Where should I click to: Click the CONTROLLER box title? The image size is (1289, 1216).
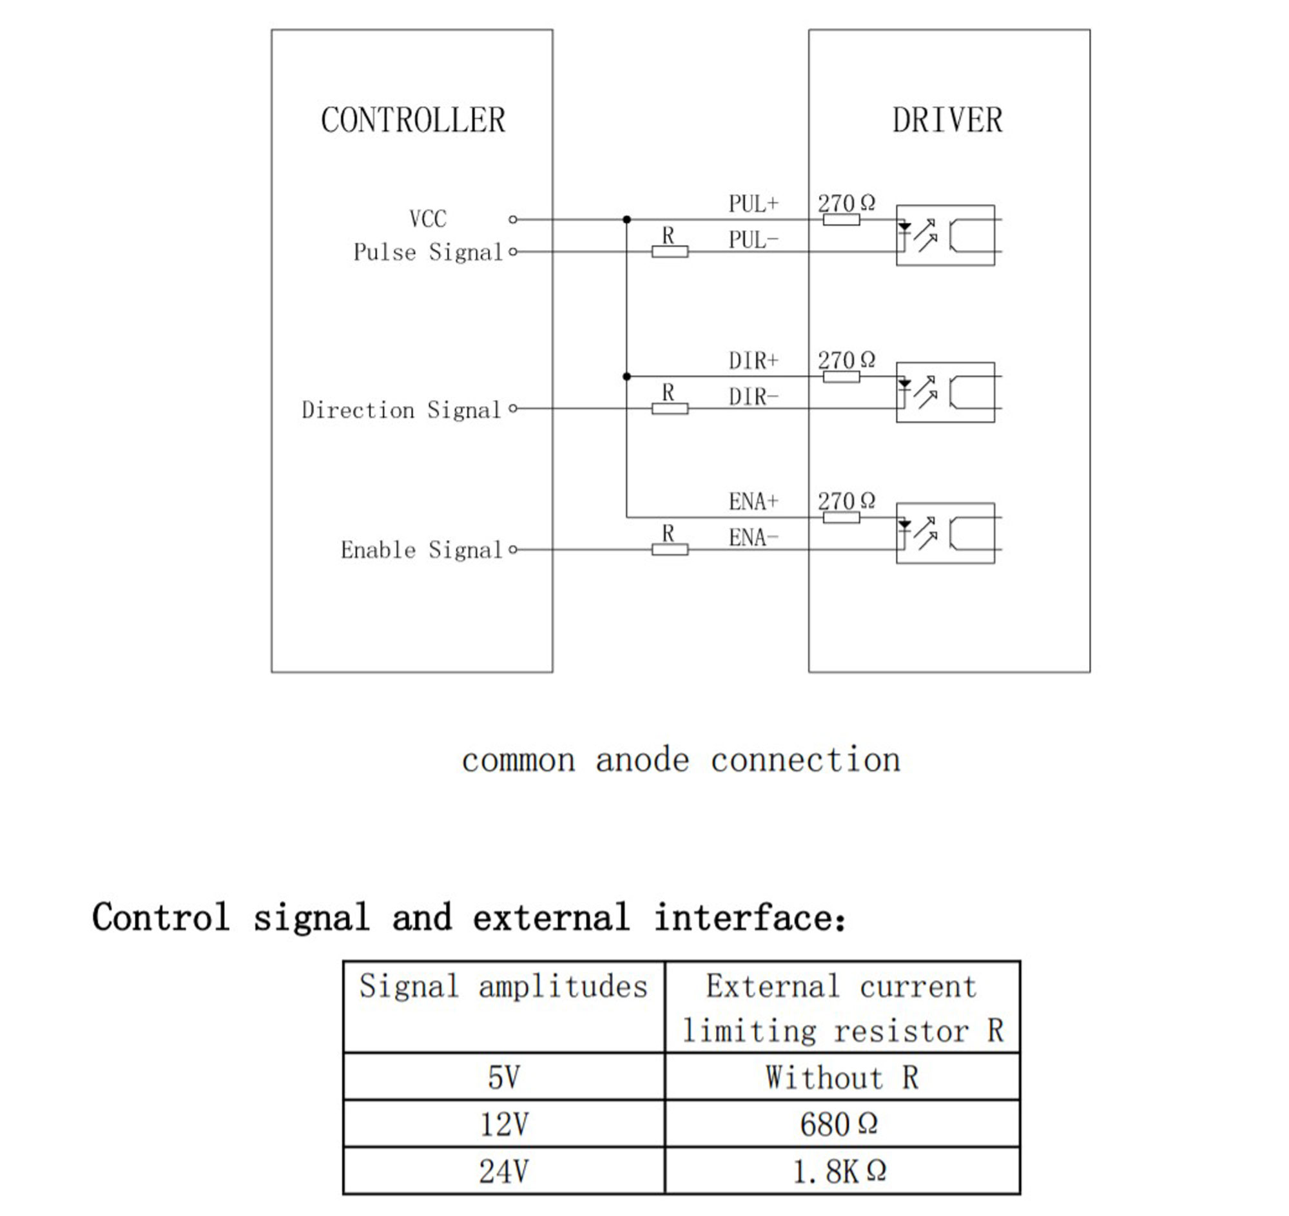[413, 121]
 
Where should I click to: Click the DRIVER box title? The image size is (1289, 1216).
[947, 121]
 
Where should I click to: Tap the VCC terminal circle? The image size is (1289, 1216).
[513, 220]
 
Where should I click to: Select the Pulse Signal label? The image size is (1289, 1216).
[428, 252]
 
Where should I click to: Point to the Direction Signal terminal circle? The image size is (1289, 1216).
[513, 409]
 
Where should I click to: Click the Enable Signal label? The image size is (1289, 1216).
[422, 550]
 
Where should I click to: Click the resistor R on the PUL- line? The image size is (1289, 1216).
[670, 251]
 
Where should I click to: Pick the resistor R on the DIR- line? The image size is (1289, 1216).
[670, 409]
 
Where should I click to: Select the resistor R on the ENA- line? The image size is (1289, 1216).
[670, 550]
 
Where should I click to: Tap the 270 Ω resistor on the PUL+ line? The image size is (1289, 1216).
[842, 220]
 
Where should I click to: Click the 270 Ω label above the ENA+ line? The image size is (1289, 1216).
[846, 501]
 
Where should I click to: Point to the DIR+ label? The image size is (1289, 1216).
[753, 360]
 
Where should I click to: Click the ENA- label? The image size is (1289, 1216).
[753, 537]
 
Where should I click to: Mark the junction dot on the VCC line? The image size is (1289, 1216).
[626, 220]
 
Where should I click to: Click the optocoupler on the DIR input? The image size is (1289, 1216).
[945, 392]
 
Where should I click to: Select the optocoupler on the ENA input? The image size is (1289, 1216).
[945, 534]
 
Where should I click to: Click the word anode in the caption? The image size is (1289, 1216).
[642, 760]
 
